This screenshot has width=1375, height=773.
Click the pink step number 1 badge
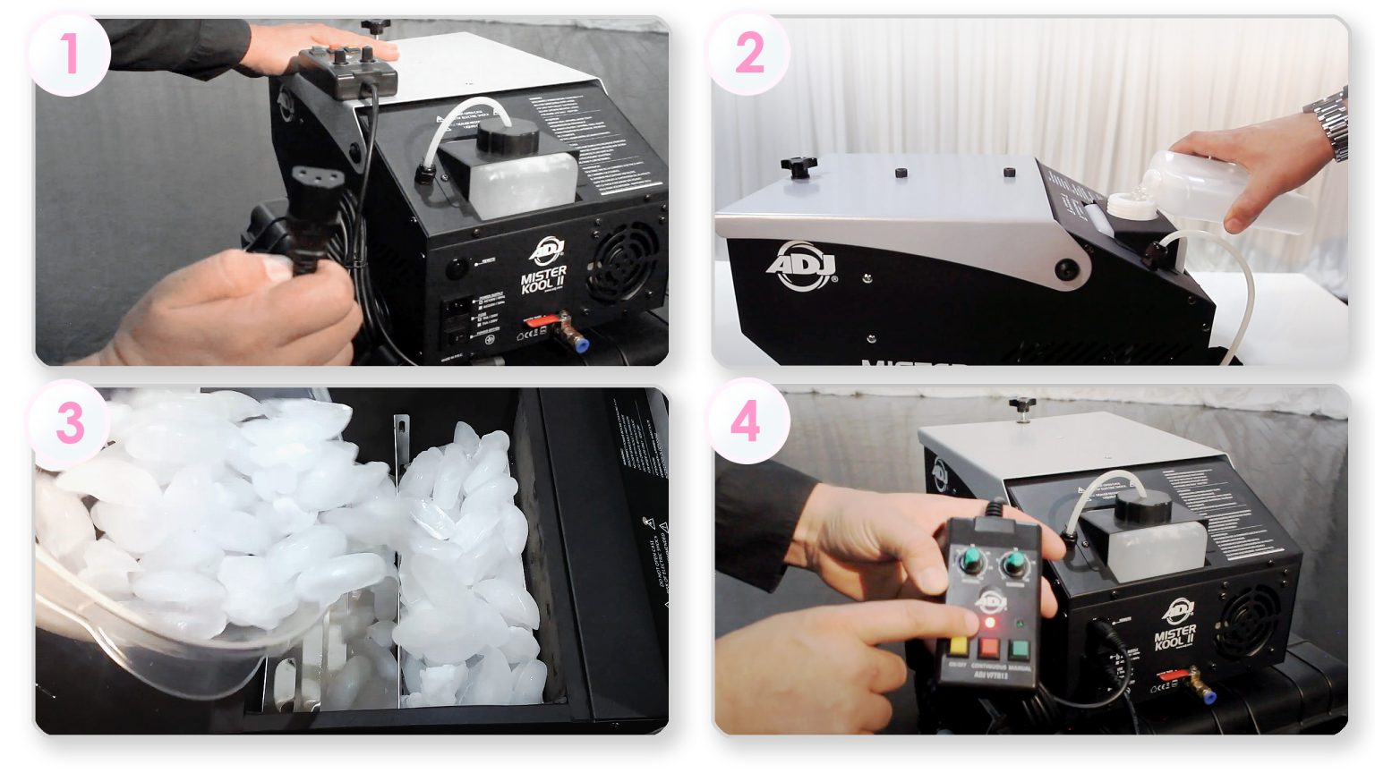69,54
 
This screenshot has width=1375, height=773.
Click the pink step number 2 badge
749,54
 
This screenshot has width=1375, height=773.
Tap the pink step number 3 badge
69,423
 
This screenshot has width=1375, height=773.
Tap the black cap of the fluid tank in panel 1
507,139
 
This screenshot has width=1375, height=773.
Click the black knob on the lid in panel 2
799,166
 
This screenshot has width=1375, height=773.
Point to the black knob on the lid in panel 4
1021,407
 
